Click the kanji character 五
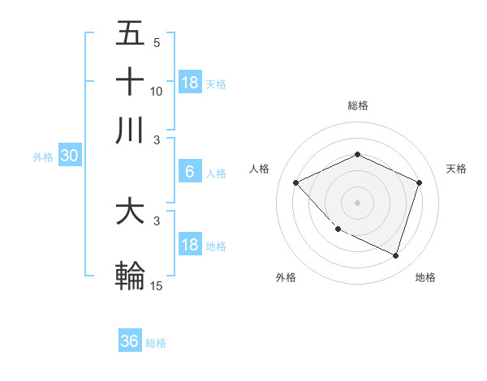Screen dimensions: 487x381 130,33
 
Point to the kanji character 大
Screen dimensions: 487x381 130,212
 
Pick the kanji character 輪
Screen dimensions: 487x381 130,276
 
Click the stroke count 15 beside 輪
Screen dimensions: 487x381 157,285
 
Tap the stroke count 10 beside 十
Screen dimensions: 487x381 157,91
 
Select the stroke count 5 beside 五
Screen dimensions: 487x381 157,42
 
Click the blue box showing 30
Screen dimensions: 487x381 68,156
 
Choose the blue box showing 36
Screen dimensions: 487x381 130,341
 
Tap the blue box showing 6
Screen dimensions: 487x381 190,172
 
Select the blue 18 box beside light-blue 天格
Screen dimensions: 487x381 190,82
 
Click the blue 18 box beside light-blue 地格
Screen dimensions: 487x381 190,245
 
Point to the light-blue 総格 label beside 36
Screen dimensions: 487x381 156,343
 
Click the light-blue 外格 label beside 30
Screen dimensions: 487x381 43,157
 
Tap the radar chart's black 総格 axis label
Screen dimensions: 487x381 357,106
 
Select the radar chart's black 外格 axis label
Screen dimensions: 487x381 286,278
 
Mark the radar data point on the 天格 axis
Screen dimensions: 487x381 420,182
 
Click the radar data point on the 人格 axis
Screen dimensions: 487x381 295,182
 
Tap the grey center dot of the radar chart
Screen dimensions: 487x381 357,203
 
